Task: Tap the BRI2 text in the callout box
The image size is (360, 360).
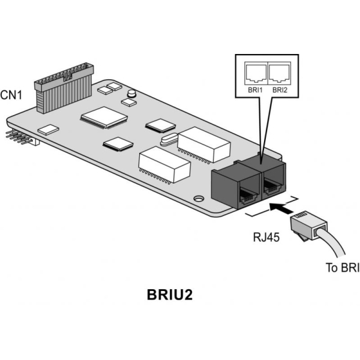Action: [279, 90]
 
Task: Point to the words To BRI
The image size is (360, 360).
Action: [340, 268]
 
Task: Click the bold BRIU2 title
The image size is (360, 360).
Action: [170, 296]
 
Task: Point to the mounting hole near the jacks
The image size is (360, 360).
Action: [198, 198]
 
